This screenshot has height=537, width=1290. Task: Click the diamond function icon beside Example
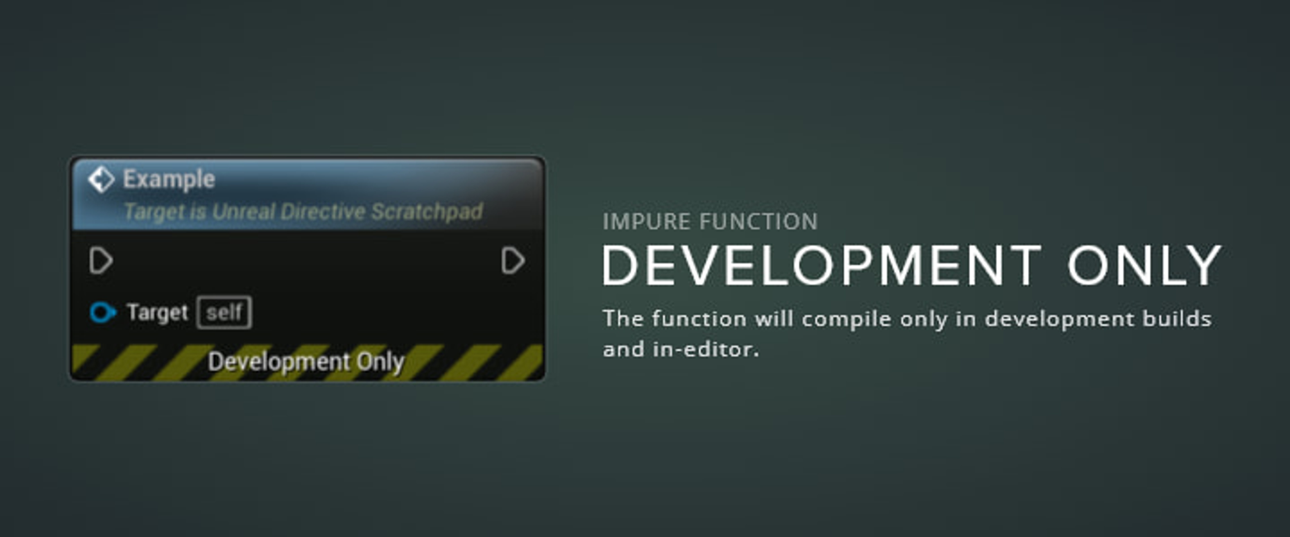pyautogui.click(x=101, y=179)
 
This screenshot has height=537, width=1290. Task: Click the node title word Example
pyautogui.click(x=169, y=179)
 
